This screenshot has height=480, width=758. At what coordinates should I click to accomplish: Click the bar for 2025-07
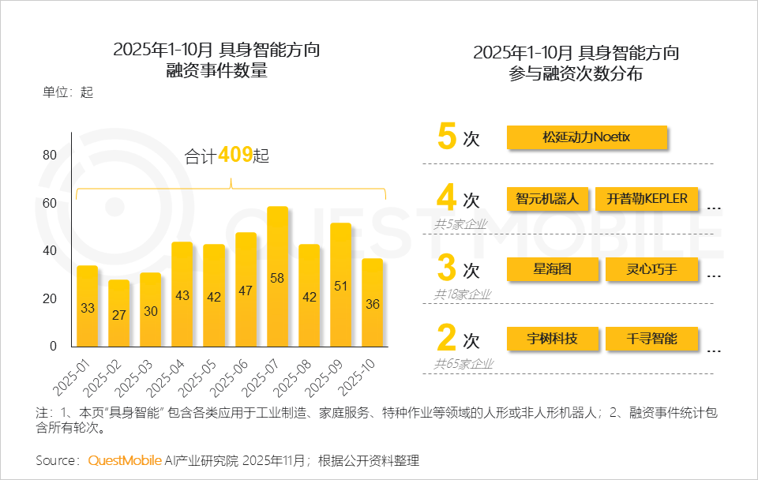coord(277,276)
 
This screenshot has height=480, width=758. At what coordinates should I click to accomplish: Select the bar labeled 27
coord(119,313)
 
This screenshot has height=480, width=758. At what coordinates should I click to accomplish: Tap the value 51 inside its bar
coord(340,287)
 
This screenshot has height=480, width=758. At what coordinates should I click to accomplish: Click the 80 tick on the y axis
coord(49,156)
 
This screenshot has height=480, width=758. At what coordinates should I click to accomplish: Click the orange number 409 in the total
coord(235,156)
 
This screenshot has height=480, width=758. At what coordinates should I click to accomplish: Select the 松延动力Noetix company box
coord(587,137)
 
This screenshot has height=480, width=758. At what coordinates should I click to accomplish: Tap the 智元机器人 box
coord(547,199)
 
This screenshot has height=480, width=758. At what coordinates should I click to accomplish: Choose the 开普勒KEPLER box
coord(647,199)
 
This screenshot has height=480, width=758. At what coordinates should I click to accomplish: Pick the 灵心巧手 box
coord(652,269)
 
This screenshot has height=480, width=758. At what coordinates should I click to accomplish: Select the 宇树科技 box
coord(552,339)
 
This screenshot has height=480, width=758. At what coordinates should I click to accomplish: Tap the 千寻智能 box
coord(652,339)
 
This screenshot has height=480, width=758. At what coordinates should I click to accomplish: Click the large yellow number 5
coord(447,136)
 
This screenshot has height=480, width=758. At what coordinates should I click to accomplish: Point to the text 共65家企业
coord(463,364)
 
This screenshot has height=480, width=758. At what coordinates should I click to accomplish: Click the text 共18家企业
coord(463,294)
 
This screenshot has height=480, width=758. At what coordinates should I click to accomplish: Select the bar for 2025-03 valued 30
coord(151,309)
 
